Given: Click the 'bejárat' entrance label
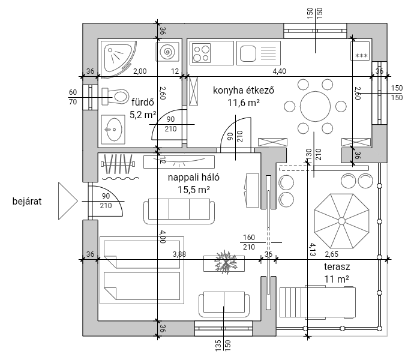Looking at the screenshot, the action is [27, 202].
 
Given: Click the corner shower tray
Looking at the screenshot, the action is [118, 59].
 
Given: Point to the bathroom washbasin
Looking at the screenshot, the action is [113, 130].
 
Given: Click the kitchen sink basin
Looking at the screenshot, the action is [248, 53].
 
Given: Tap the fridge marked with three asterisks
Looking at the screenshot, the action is [360, 50].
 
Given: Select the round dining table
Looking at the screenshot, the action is [315, 106].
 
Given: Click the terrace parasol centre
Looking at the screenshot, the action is [341, 221].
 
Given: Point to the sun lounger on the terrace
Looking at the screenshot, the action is [317, 302].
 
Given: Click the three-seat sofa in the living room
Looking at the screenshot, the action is [179, 211].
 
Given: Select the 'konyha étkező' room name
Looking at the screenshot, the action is [244, 90].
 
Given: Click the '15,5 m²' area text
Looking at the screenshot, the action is [194, 190].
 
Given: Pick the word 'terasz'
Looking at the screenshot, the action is [337, 266].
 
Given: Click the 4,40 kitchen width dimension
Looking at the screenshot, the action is [280, 71].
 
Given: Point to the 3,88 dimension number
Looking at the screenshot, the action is [179, 254].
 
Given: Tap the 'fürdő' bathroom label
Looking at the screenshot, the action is [143, 103].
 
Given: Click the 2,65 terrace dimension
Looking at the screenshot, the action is [332, 254].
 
